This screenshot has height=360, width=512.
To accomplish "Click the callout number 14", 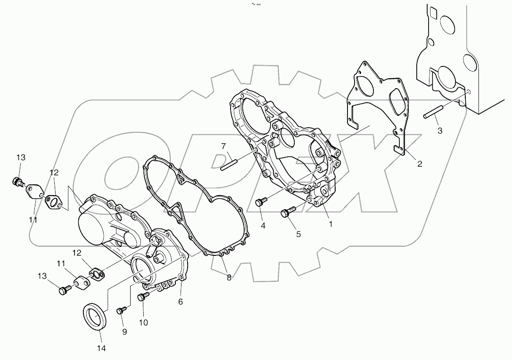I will click(101, 348).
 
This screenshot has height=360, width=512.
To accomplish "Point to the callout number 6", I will click(181, 301).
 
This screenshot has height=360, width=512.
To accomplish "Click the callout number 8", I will click(229, 278).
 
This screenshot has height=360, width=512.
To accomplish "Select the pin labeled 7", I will click(230, 161).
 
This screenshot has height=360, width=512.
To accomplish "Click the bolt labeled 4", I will click(260, 203).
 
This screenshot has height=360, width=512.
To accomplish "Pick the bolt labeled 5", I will click(287, 213).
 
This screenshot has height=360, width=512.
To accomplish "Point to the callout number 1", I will click(330, 224).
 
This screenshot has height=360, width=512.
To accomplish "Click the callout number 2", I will click(419, 164).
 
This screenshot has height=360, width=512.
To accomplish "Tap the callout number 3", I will click(439, 131).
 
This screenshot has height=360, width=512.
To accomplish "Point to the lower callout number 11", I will click(62, 263).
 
